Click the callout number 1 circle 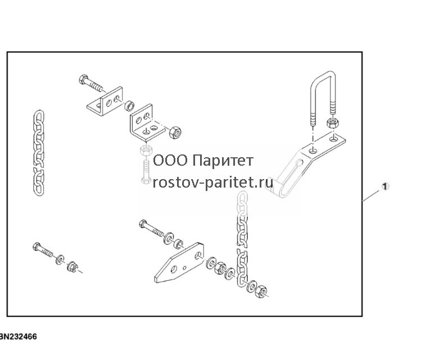[385, 186]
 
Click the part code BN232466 [18, 336]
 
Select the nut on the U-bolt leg [332, 123]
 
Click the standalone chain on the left [39, 153]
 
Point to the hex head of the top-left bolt [83, 79]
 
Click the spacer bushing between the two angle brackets [129, 106]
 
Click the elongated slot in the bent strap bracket [291, 176]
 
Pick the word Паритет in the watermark [223, 161]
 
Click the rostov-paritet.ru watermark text [213, 183]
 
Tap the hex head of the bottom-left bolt [37, 247]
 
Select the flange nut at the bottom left [72, 266]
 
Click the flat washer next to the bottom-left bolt [60, 259]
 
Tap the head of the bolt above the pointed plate [143, 224]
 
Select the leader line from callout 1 [372, 195]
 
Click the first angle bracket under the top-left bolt [105, 102]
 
